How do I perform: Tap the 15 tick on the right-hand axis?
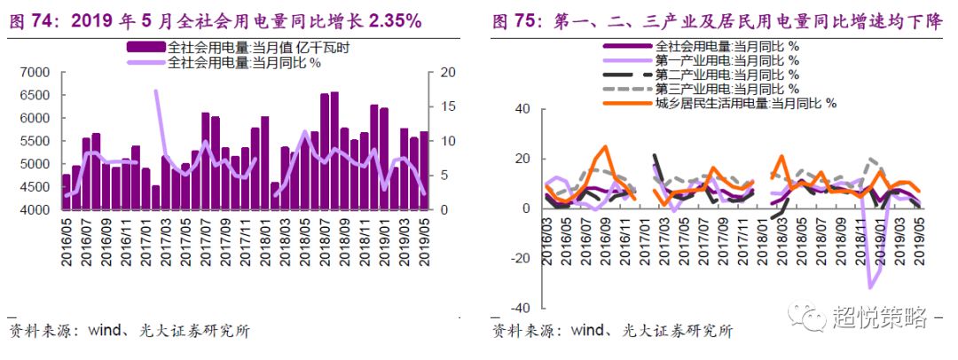click(x=447, y=106)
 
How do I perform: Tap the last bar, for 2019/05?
click(x=423, y=171)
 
